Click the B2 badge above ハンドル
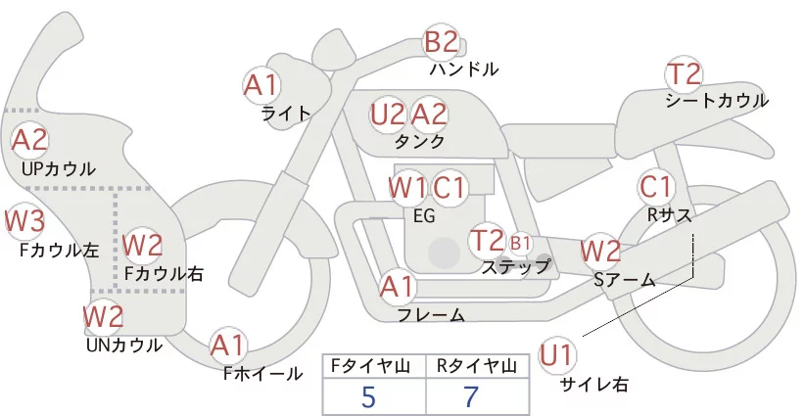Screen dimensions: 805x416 point(441,42)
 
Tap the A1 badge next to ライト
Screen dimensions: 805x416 point(260,84)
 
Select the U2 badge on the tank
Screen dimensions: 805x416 point(388,115)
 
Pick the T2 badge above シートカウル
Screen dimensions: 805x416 point(684,74)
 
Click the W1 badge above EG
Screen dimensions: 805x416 point(407,187)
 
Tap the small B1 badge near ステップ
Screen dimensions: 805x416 point(520,242)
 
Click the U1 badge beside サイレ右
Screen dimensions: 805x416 point(558,354)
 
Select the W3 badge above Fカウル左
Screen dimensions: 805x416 point(24,221)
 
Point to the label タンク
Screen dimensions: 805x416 point(419,143)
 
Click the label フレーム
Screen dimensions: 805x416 point(431,315)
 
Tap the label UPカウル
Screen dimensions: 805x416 point(58,169)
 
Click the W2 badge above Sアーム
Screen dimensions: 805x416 point(599,252)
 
